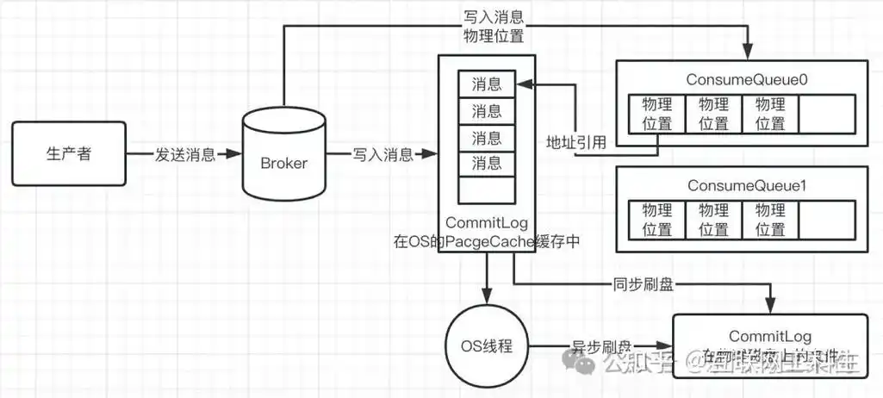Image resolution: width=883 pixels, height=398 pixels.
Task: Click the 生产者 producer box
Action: (x=68, y=154)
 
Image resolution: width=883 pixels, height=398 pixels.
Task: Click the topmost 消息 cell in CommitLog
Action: (x=487, y=84)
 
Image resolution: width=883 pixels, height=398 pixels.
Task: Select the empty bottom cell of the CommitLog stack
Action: (x=487, y=190)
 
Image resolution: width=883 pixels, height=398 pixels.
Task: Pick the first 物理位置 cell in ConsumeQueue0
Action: (x=656, y=114)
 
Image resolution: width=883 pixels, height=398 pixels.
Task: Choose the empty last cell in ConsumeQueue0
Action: (x=826, y=114)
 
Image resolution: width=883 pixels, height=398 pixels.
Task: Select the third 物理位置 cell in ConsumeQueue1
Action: (x=769, y=220)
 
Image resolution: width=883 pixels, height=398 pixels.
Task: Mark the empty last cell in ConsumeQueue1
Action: (x=826, y=220)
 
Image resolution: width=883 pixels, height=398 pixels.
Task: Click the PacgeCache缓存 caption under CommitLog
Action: (x=487, y=243)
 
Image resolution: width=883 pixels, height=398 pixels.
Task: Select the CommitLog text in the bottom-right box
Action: (x=769, y=335)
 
